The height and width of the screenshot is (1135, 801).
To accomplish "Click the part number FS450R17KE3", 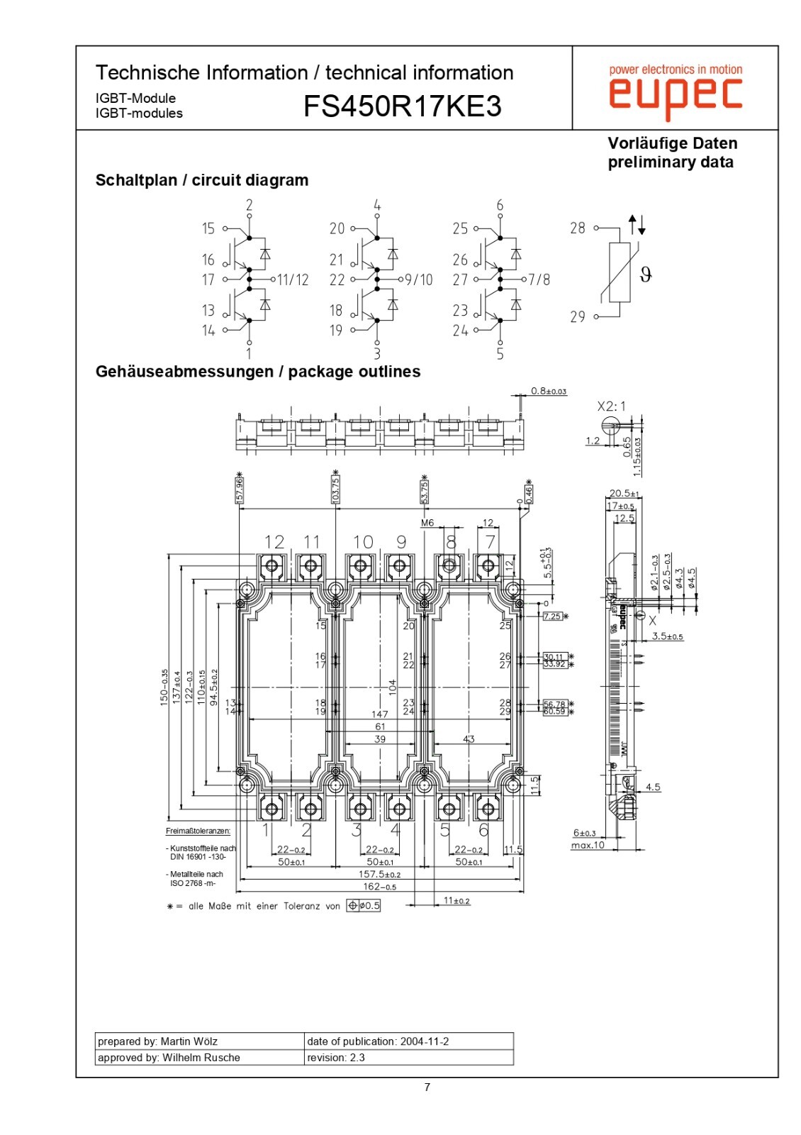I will pyautogui.click(x=402, y=106).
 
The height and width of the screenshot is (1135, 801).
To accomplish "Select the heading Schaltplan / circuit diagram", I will pyautogui.click(x=202, y=180).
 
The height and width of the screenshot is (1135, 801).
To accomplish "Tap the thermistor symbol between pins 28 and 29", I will pyautogui.click(x=620, y=272).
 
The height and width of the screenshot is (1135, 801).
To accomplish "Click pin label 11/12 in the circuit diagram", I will pyautogui.click(x=293, y=280).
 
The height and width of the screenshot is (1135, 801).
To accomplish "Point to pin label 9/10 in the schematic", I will pyautogui.click(x=419, y=280).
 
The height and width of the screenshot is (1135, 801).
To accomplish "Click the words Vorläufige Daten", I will pyautogui.click(x=672, y=143).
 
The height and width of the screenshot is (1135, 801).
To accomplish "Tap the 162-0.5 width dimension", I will pyautogui.click(x=379, y=887).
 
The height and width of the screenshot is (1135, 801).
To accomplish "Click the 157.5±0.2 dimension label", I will pyautogui.click(x=379, y=875).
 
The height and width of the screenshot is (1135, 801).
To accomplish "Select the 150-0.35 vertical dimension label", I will pyautogui.click(x=164, y=687).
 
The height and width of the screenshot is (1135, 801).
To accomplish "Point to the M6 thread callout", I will pyautogui.click(x=427, y=523).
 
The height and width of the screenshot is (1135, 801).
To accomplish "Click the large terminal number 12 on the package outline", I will pyautogui.click(x=274, y=542).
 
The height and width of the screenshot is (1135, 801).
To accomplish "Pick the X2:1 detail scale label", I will pyautogui.click(x=611, y=406).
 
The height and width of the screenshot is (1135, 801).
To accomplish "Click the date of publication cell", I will pyautogui.click(x=408, y=1041).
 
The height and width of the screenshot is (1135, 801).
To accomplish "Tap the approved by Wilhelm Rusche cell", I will pyautogui.click(x=199, y=1058).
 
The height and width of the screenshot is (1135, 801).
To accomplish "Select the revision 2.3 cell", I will pyautogui.click(x=408, y=1058).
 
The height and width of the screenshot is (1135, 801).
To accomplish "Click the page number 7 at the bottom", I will pyautogui.click(x=427, y=1087).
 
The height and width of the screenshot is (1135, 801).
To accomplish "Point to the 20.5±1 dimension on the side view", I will pyautogui.click(x=624, y=494).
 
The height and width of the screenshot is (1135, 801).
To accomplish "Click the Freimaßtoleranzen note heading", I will pyautogui.click(x=198, y=831).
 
